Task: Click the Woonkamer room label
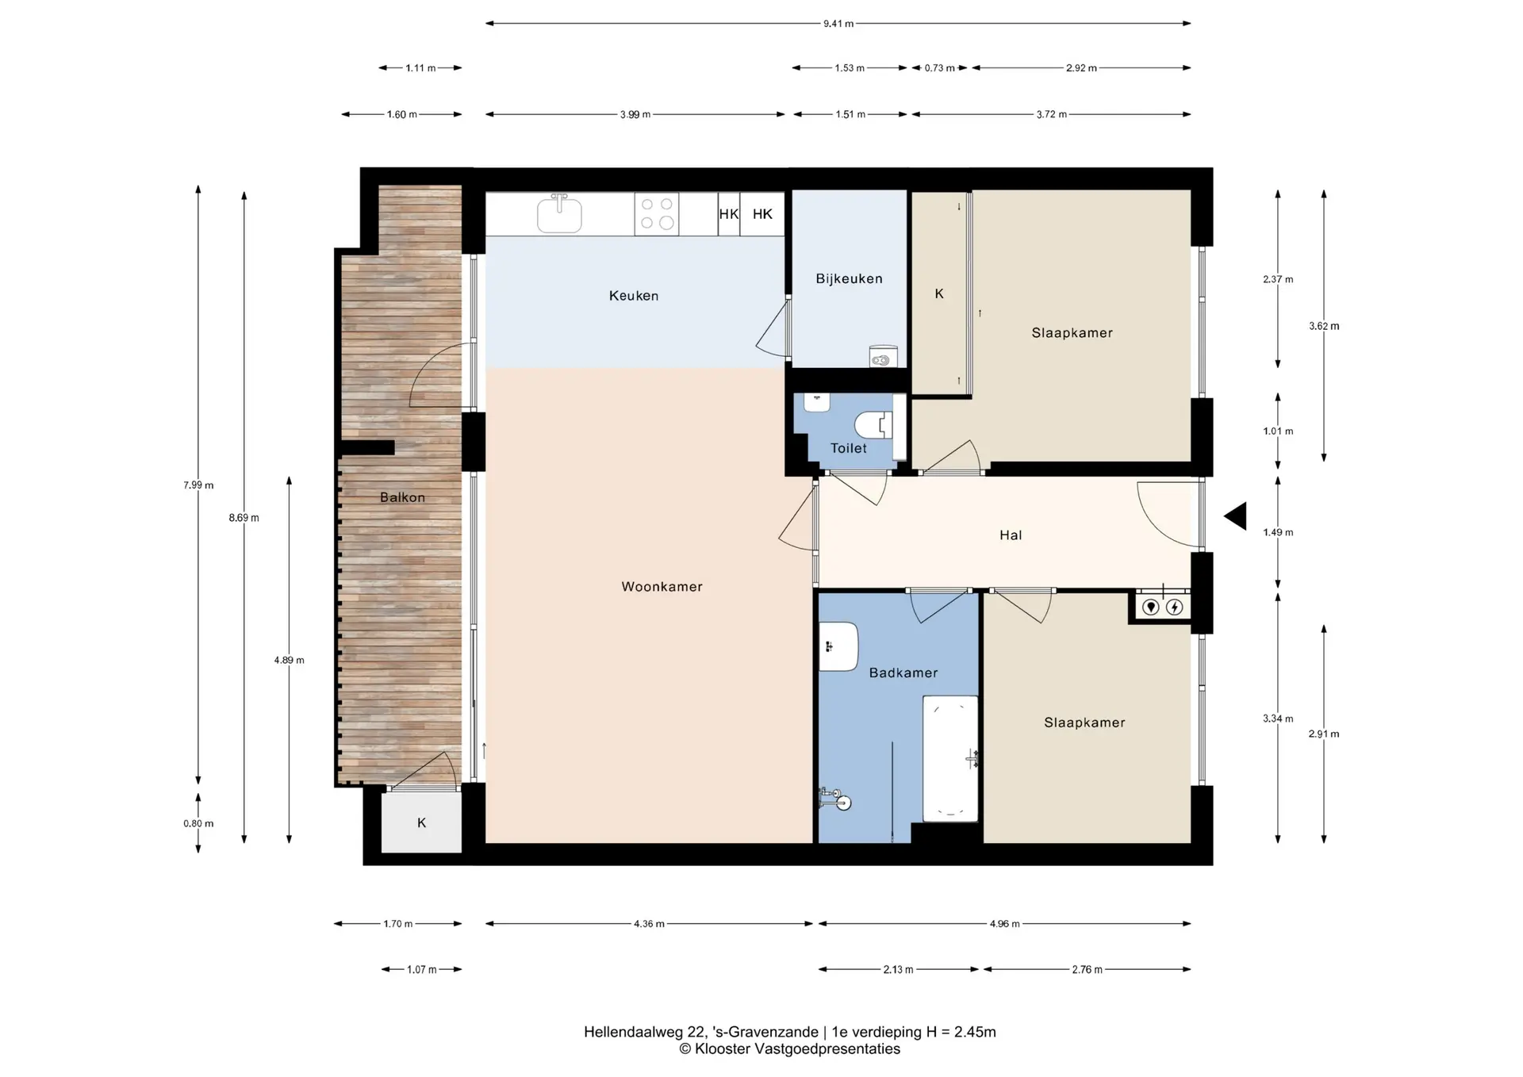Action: pos(662,587)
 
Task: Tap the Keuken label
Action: pos(634,296)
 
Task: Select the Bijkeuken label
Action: pos(849,278)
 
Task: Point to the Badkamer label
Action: pos(903,673)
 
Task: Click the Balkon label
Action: pos(402,497)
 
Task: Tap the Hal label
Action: pos(1011,535)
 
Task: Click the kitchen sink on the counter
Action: pos(559,213)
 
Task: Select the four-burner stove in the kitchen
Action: pos(657,213)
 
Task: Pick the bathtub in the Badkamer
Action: pos(950,759)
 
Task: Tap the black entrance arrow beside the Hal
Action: pos(1235,516)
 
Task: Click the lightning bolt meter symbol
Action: pos(1175,607)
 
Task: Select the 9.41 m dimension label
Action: pos(838,24)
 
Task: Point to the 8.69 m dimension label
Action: pos(244,518)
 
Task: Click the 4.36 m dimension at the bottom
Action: pos(649,924)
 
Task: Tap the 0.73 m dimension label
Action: pos(939,68)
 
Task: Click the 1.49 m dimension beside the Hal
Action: pos(1278,532)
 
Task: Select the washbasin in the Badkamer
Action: pos(838,646)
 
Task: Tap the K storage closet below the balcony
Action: pos(421,822)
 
